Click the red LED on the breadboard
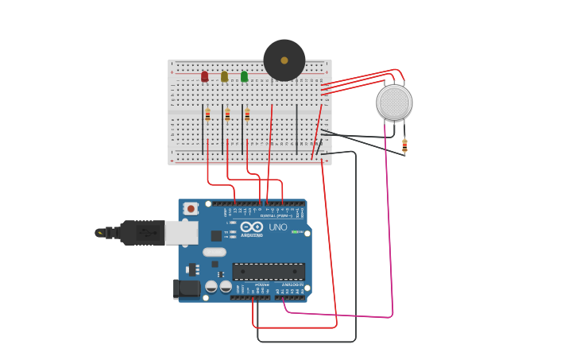(204, 76)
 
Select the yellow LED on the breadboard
(224, 76)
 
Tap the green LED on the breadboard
(244, 76)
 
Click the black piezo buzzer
(284, 60)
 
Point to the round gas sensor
(394, 103)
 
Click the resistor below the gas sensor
(404, 145)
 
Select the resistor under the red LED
(207, 114)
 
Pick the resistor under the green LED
(247, 114)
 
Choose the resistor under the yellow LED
(227, 114)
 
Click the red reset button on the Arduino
(191, 208)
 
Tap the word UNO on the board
(278, 227)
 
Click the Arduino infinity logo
(251, 226)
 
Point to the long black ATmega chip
(269, 272)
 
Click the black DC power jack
(187, 289)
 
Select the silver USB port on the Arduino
(181, 232)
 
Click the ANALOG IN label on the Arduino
(292, 285)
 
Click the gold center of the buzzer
(284, 60)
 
